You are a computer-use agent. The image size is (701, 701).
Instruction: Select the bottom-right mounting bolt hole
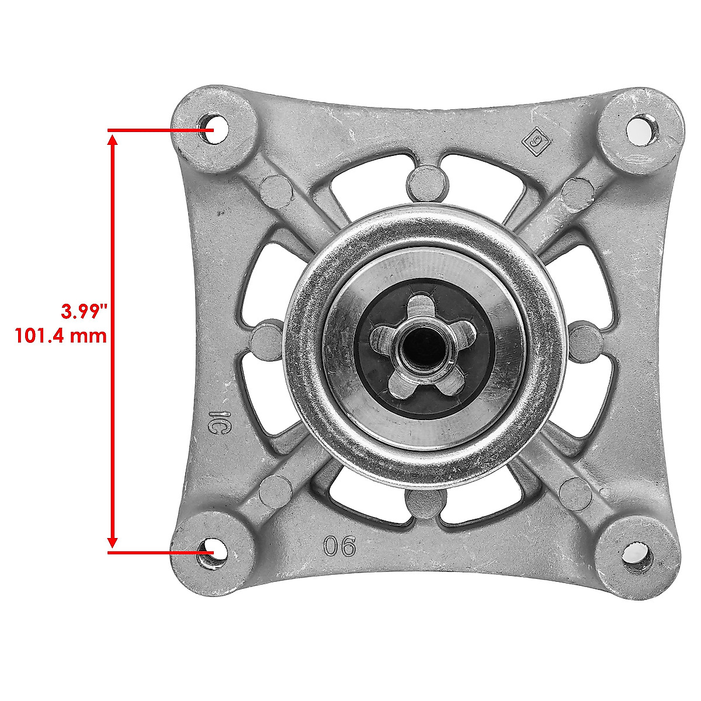point(636,553)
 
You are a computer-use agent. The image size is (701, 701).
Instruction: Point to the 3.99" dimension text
point(84,311)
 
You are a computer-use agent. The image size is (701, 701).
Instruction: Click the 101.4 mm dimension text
point(61,336)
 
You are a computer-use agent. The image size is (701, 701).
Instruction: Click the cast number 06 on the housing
point(339,547)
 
